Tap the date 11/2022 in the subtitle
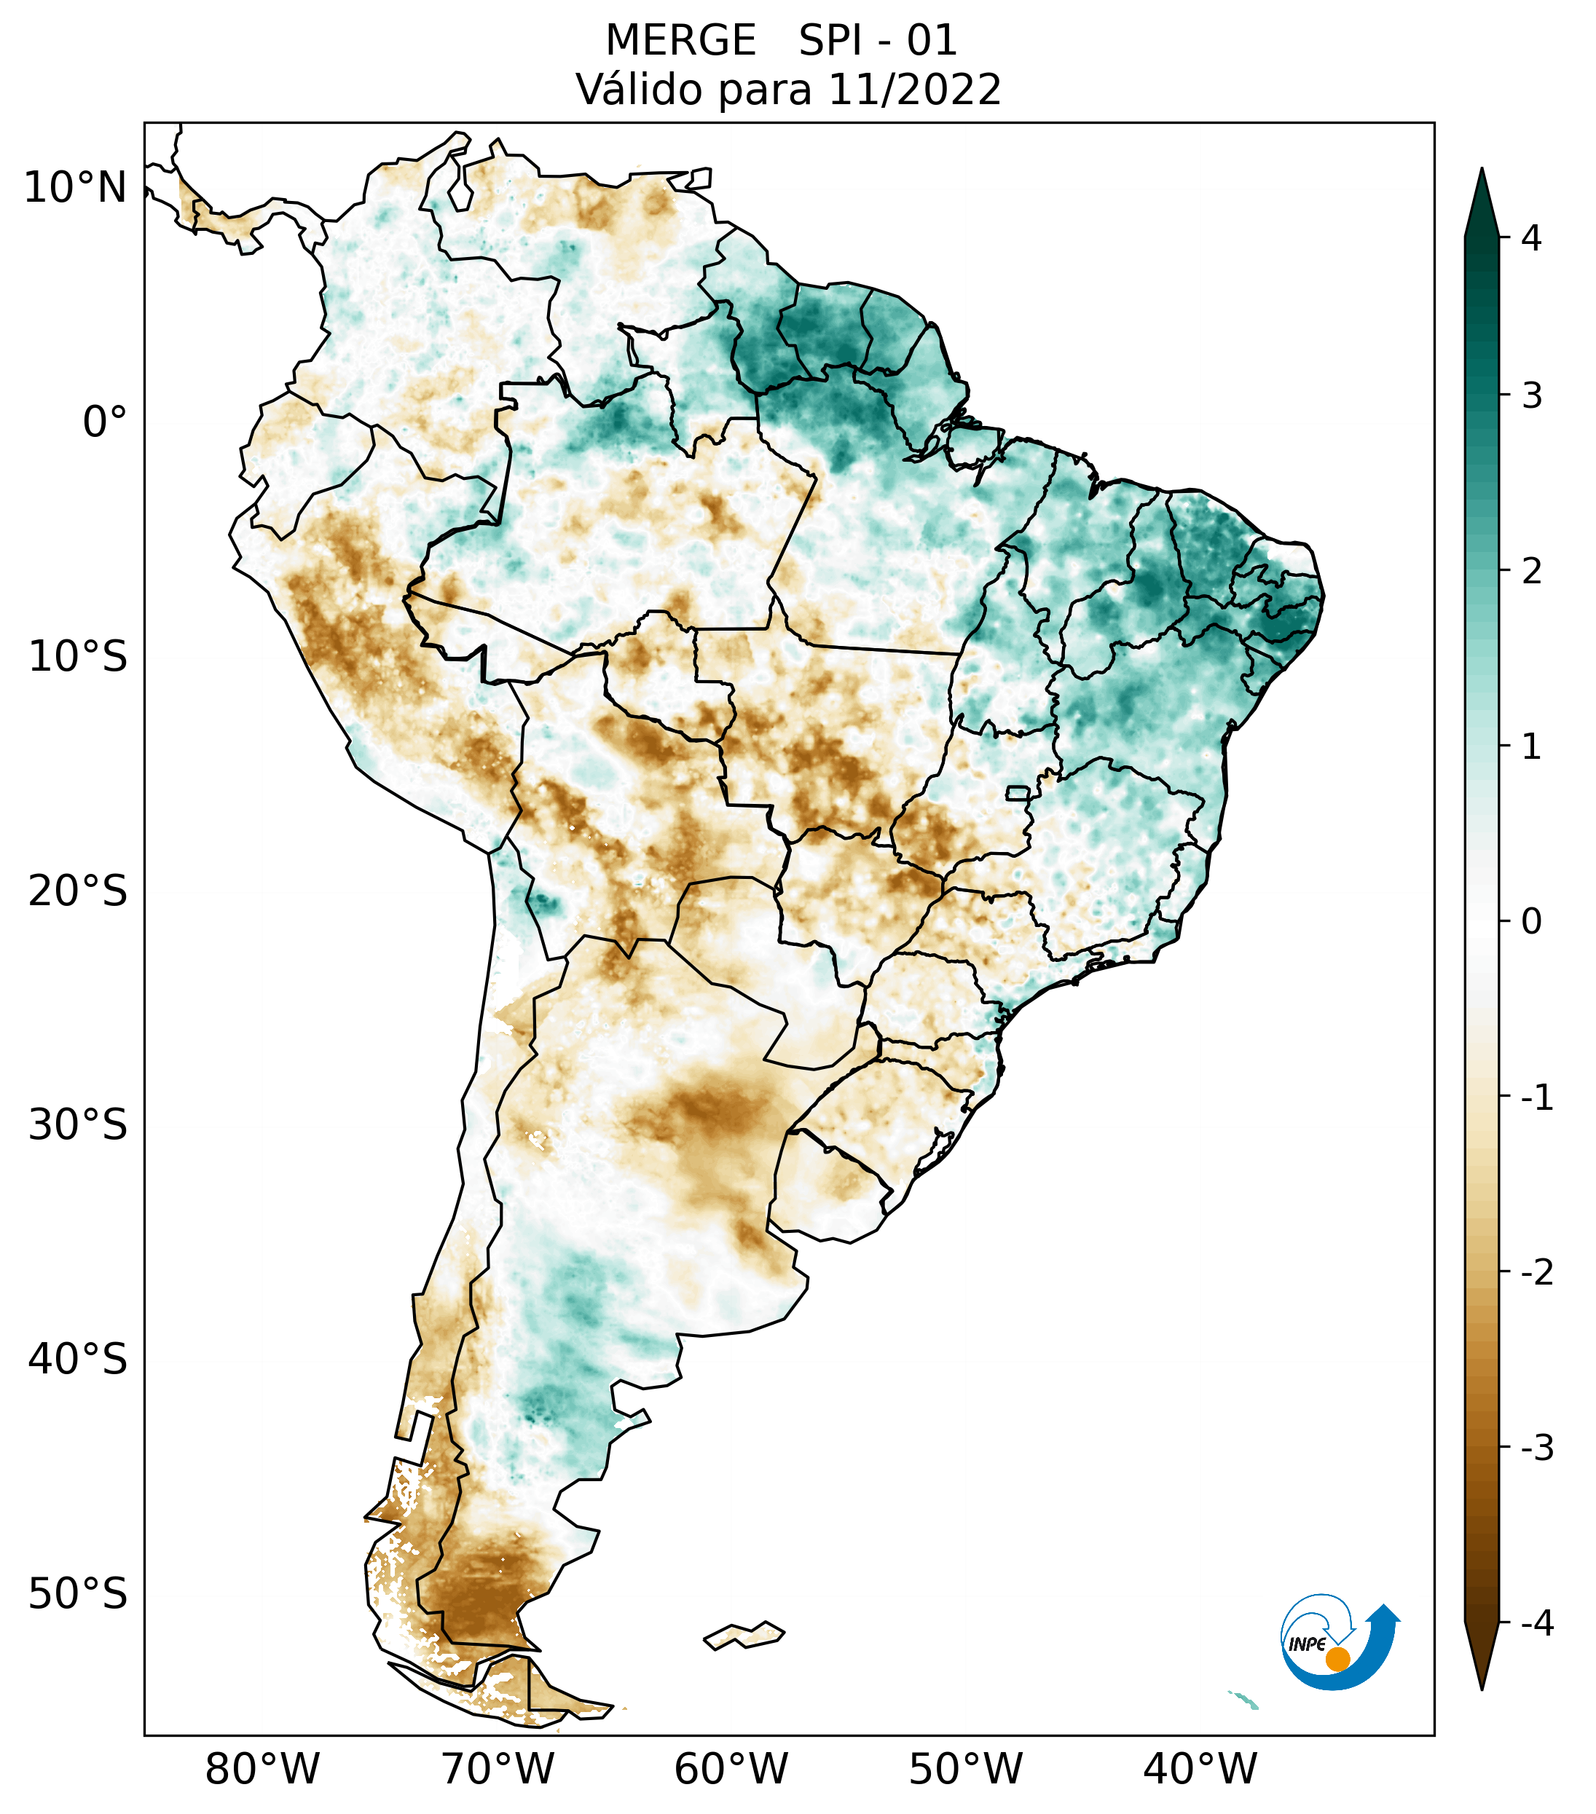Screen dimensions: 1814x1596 point(914,90)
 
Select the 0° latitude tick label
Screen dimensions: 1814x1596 point(105,422)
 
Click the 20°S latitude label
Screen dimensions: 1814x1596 point(78,891)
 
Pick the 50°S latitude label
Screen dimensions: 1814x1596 point(78,1595)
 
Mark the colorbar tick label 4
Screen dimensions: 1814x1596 point(1531,238)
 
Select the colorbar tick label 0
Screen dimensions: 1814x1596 point(1531,922)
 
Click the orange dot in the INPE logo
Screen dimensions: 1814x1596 point(1337,1659)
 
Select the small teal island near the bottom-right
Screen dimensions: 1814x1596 point(1244,1700)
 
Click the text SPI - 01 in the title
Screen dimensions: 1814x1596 point(878,41)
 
